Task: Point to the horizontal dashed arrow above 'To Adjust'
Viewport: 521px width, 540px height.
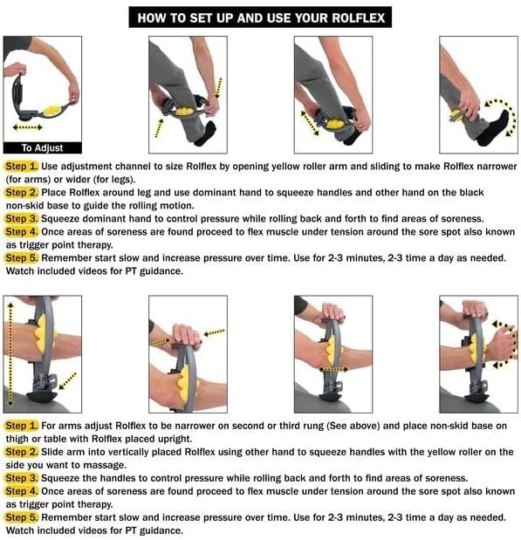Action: click(x=31, y=127)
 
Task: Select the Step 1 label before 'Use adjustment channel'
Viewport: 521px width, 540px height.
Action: click(x=22, y=165)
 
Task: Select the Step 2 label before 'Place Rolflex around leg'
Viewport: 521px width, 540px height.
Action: click(x=22, y=191)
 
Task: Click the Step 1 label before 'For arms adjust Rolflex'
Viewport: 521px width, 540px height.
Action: click(x=22, y=424)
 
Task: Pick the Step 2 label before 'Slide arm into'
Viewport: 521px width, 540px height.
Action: click(x=22, y=451)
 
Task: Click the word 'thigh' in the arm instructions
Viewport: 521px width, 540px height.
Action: click(x=18, y=438)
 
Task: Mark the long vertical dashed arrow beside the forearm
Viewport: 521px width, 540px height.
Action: click(x=10, y=349)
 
